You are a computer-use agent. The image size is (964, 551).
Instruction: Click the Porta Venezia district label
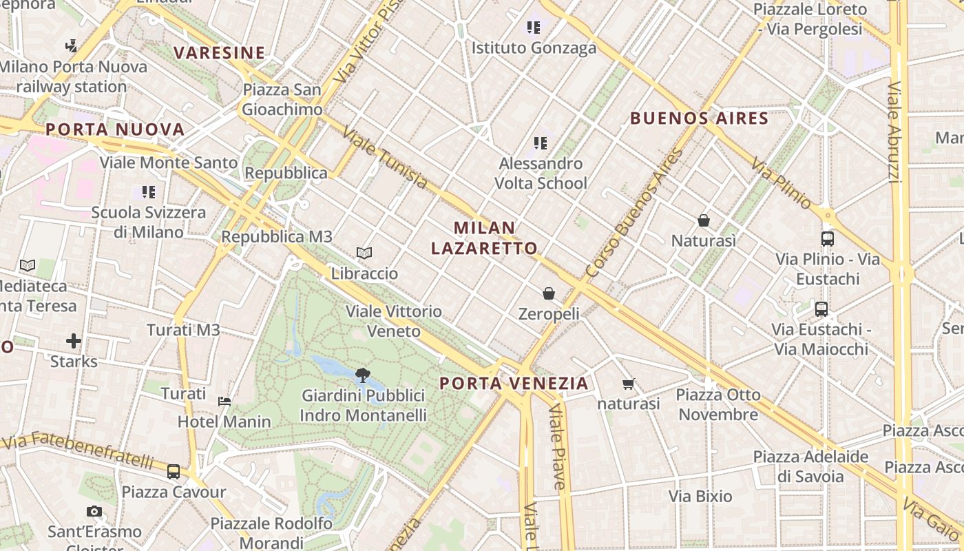514,384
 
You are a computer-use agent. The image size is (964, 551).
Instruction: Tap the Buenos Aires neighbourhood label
699,118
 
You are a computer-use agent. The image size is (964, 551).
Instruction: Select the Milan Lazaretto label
484,238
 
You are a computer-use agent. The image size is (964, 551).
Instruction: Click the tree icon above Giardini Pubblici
363,375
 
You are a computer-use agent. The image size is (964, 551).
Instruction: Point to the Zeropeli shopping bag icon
549,294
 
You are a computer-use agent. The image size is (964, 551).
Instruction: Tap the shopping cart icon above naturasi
628,384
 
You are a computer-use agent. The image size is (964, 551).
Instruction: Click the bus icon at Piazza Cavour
174,472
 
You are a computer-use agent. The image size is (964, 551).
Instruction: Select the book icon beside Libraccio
364,253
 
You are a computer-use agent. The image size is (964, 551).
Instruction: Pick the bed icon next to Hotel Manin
224,401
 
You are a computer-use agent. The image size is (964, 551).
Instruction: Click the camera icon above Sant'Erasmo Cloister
94,511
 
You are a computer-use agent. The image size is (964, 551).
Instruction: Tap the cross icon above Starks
74,341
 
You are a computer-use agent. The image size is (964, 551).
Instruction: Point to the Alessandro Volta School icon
541,143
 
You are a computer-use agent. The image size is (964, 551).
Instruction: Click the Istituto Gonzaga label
534,48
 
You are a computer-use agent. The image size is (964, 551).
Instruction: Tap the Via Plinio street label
781,183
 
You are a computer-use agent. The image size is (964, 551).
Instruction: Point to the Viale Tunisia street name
385,158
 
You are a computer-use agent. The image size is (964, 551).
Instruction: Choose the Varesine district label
219,53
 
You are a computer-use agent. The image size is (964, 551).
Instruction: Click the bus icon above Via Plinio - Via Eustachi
828,239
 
